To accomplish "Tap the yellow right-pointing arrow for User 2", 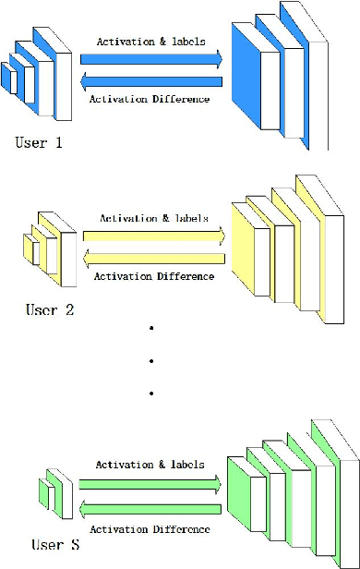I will [154, 236].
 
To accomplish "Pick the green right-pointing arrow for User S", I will [151, 482].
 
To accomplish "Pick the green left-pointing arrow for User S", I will [151, 507].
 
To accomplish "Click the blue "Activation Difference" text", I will [150, 99].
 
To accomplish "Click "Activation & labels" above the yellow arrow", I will [151, 219].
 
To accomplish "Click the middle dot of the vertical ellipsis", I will [150, 361].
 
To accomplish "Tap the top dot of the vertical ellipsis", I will [150, 329].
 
